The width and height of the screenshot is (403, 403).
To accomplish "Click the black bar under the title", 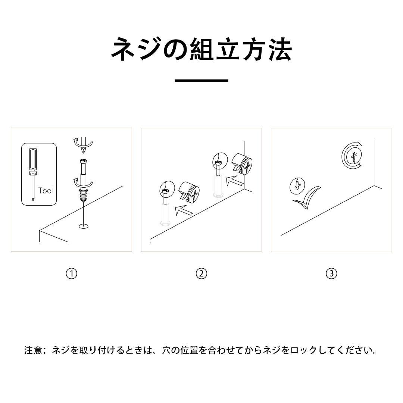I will (201, 80).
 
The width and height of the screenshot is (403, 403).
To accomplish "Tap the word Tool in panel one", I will (46, 191).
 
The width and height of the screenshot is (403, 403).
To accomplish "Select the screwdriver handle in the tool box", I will (33, 160).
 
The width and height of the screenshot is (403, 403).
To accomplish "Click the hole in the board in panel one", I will (83, 226).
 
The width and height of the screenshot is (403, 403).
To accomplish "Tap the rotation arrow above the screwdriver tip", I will (82, 142).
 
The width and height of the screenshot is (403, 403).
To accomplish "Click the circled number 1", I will (71, 274).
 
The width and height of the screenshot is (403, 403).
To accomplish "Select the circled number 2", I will (201, 274).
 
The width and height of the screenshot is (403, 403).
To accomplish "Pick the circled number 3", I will (331, 274).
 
